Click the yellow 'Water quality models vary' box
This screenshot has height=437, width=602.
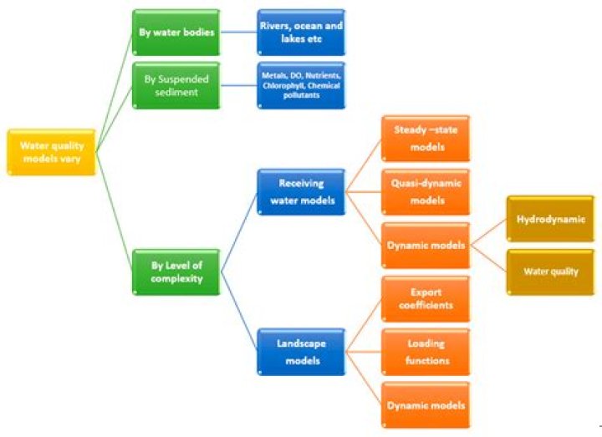click(x=52, y=152)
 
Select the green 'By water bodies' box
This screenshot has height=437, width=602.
click(x=176, y=33)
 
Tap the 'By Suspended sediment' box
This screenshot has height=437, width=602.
click(x=176, y=86)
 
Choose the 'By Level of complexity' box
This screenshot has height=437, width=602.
click(x=176, y=272)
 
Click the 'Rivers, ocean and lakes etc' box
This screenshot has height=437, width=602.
click(x=301, y=33)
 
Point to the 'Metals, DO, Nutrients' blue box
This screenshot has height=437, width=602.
click(x=301, y=86)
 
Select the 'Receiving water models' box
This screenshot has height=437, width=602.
click(x=301, y=192)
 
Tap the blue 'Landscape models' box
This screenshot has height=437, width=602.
click(x=301, y=353)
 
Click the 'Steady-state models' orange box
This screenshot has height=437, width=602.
click(x=426, y=139)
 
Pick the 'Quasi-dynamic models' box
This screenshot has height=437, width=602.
click(x=426, y=192)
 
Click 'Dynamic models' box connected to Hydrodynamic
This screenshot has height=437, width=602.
click(x=426, y=246)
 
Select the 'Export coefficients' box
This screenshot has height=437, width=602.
click(x=426, y=299)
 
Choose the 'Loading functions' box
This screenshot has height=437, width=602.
click(x=426, y=353)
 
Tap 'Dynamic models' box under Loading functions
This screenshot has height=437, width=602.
click(x=426, y=405)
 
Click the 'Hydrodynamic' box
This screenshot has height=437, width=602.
click(x=550, y=219)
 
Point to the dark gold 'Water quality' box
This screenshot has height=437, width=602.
click(x=550, y=272)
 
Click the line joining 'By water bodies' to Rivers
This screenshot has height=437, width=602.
click(x=239, y=33)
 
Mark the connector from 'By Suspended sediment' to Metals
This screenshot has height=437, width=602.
click(x=239, y=85)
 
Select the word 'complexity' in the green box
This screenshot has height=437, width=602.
click(x=176, y=279)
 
